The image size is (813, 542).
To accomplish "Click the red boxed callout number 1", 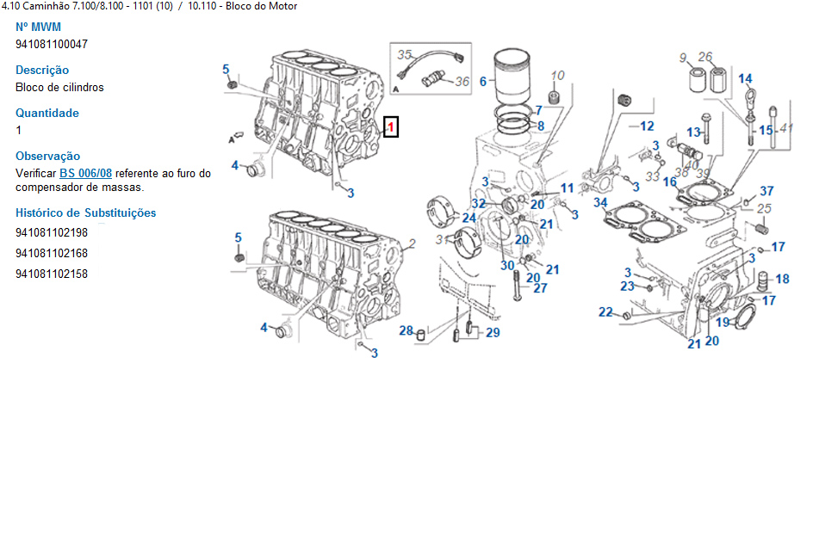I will (390, 127).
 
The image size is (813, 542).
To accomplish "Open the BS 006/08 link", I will (85, 173).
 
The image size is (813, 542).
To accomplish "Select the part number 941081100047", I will (52, 44).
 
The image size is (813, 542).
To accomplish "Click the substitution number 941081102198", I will (52, 233).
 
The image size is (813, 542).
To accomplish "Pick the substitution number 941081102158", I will (52, 274).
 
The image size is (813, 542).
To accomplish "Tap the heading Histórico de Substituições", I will (86, 212).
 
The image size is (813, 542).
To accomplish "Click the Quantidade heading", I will (47, 113).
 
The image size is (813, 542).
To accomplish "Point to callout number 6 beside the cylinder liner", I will (483, 82).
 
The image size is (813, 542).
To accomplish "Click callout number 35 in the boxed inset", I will (405, 54).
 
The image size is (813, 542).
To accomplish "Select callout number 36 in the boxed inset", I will (462, 82).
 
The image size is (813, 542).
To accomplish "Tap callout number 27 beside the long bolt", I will (540, 288).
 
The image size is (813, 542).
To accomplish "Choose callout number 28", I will (406, 331).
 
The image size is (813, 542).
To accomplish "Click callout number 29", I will (493, 333).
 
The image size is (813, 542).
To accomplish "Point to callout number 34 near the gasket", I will (600, 203).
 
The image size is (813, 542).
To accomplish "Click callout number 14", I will (745, 79).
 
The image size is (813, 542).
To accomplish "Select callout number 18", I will (782, 279).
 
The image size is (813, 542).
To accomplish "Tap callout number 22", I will (606, 312).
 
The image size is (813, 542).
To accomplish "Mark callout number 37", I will (766, 191).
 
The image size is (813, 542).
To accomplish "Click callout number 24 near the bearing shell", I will (469, 219).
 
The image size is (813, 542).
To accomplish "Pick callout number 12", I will (647, 126).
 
